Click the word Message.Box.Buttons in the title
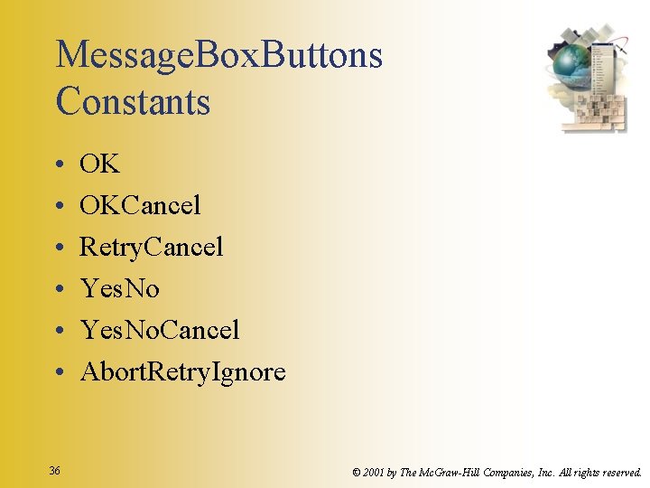click(x=219, y=56)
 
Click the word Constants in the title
click(x=133, y=100)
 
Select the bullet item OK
click(x=99, y=164)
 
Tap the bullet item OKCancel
click(x=140, y=205)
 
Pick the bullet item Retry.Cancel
click(x=151, y=247)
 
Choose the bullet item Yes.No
click(x=119, y=288)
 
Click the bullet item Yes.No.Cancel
click(x=160, y=330)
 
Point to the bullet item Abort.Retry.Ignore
click(x=182, y=371)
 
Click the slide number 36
click(x=55, y=471)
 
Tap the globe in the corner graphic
click(x=571, y=64)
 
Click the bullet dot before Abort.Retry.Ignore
click(x=57, y=372)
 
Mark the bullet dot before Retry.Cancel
click(x=57, y=248)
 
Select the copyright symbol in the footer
click(x=357, y=472)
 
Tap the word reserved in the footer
click(x=620, y=472)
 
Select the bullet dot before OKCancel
click(x=57, y=206)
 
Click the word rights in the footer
click(x=580, y=472)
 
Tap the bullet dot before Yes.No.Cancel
click(x=57, y=331)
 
